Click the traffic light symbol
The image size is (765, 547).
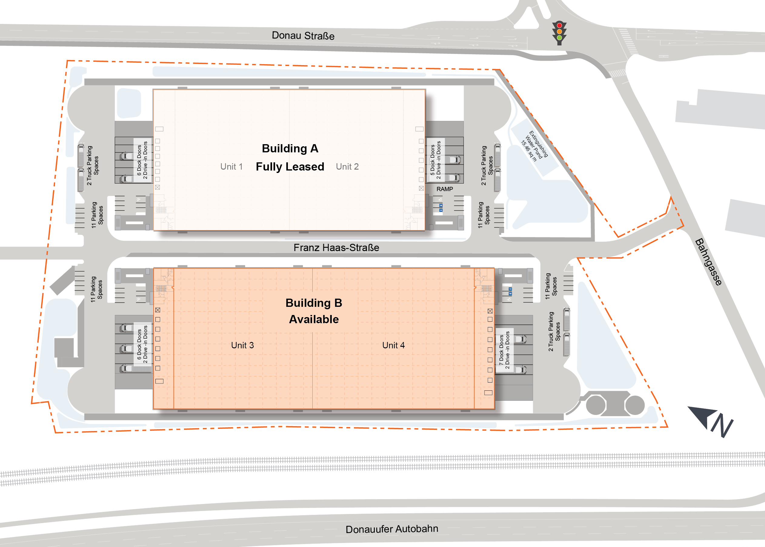pos(559,33)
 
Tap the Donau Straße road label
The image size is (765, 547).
pos(303,35)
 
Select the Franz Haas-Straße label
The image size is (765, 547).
pos(336,247)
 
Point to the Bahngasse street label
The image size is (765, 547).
pos(708,262)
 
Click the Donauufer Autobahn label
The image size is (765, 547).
pos(392,529)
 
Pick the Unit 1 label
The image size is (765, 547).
pos(231,166)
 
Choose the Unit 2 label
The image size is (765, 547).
pos(347,166)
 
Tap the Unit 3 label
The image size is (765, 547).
pos(242,345)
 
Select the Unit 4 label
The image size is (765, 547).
pos(393,345)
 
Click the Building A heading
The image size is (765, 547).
pos(290,148)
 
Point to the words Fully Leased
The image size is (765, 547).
pos(290,166)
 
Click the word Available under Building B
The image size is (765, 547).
pos(314,319)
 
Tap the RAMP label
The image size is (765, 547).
pos(445,189)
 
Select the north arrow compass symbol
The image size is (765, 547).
pos(711,421)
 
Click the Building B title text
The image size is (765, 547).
pos(314,303)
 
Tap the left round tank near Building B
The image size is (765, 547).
pos(596,405)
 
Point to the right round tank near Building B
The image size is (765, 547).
pos(635,405)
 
